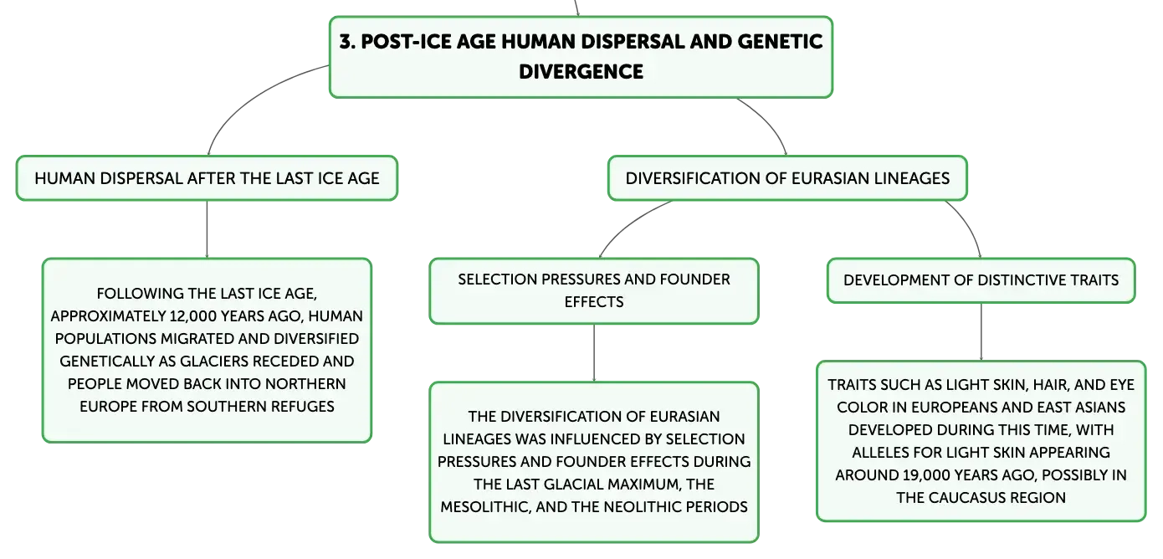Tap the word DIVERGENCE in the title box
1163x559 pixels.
coord(581,72)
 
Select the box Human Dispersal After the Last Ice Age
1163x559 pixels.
coord(207,178)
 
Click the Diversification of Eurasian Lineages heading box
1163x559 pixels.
coord(787,178)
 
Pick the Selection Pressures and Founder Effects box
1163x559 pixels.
coord(594,291)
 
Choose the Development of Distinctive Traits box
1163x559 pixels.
coord(981,280)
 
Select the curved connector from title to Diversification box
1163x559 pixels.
coord(768,121)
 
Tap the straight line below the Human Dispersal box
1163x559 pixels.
coord(207,229)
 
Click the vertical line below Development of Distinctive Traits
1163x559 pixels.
coord(981,331)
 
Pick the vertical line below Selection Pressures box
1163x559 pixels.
coord(594,353)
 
